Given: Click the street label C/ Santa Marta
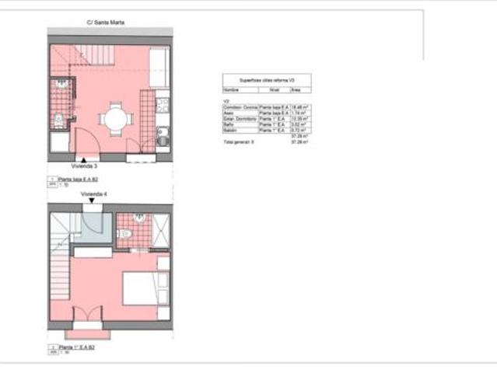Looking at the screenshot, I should pos(110,23).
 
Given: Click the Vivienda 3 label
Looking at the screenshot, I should pos(84,166).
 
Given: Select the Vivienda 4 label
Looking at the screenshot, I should pos(93,193).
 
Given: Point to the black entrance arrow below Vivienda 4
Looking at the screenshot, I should pos(92,200).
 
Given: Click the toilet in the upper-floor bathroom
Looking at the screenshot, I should pos(137,218).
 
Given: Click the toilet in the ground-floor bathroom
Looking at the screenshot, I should pos(58,119).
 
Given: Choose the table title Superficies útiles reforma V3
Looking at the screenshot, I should pos(267,80).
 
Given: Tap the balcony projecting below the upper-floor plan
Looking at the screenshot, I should pos(87,334).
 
